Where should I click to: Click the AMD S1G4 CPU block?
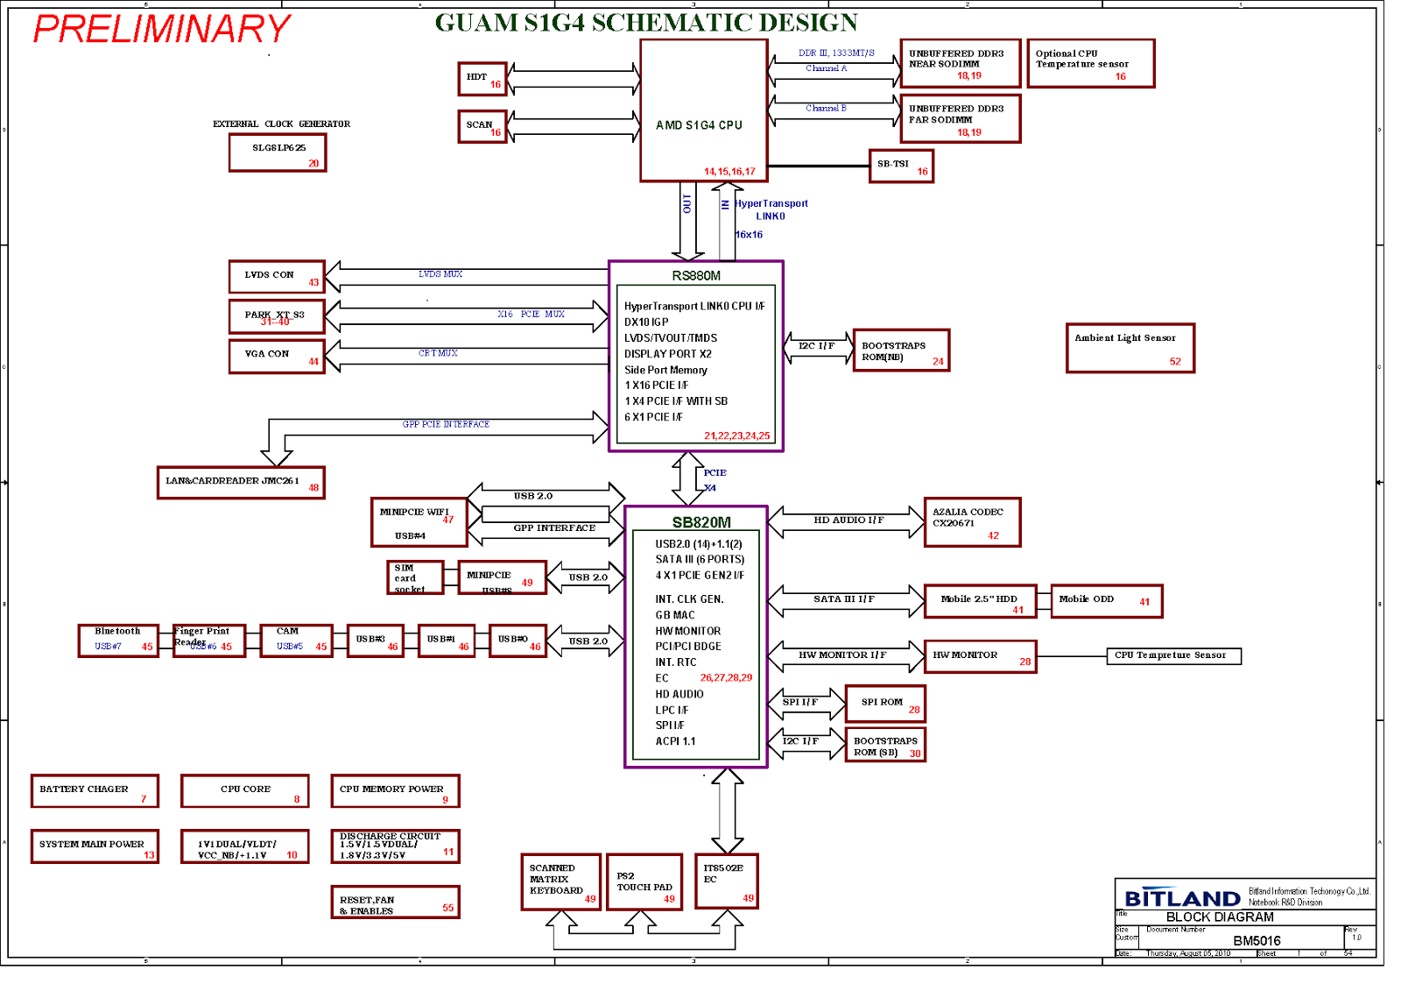703,110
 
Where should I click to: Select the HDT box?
482,79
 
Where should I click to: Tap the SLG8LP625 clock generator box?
278,153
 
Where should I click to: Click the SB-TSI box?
901,166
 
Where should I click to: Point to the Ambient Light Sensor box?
1130,348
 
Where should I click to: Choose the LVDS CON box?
277,277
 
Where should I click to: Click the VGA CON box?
277,357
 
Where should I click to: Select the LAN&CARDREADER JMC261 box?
241,483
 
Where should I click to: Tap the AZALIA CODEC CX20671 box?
972,522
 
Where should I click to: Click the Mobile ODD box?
1106,601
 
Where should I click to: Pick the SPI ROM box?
884,704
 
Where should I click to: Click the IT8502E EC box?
726,881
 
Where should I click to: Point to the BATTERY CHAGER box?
95,791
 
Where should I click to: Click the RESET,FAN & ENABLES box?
395,903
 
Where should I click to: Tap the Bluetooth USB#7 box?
118,641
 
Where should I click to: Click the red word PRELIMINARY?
162,29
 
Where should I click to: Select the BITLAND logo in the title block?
1182,898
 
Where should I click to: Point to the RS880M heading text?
696,276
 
